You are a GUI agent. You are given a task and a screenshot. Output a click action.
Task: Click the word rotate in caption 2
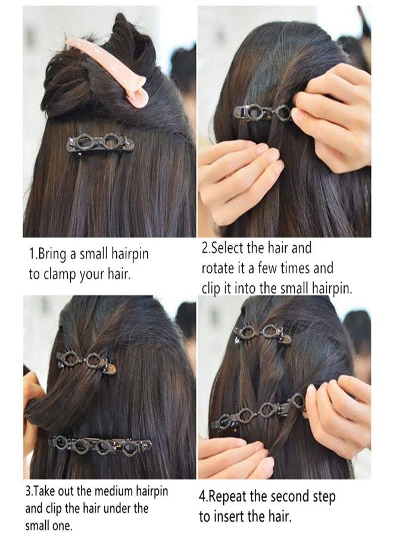(219, 268)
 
